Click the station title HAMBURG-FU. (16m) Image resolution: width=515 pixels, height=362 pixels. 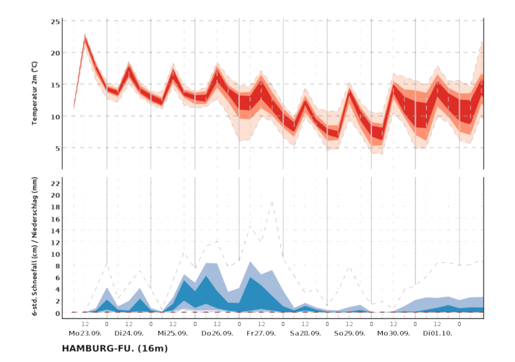click(115, 348)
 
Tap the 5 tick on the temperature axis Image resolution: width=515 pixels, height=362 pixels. click(57, 148)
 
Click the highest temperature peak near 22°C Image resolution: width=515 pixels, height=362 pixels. click(85, 36)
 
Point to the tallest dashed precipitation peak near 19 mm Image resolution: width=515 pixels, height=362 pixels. click(272, 202)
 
